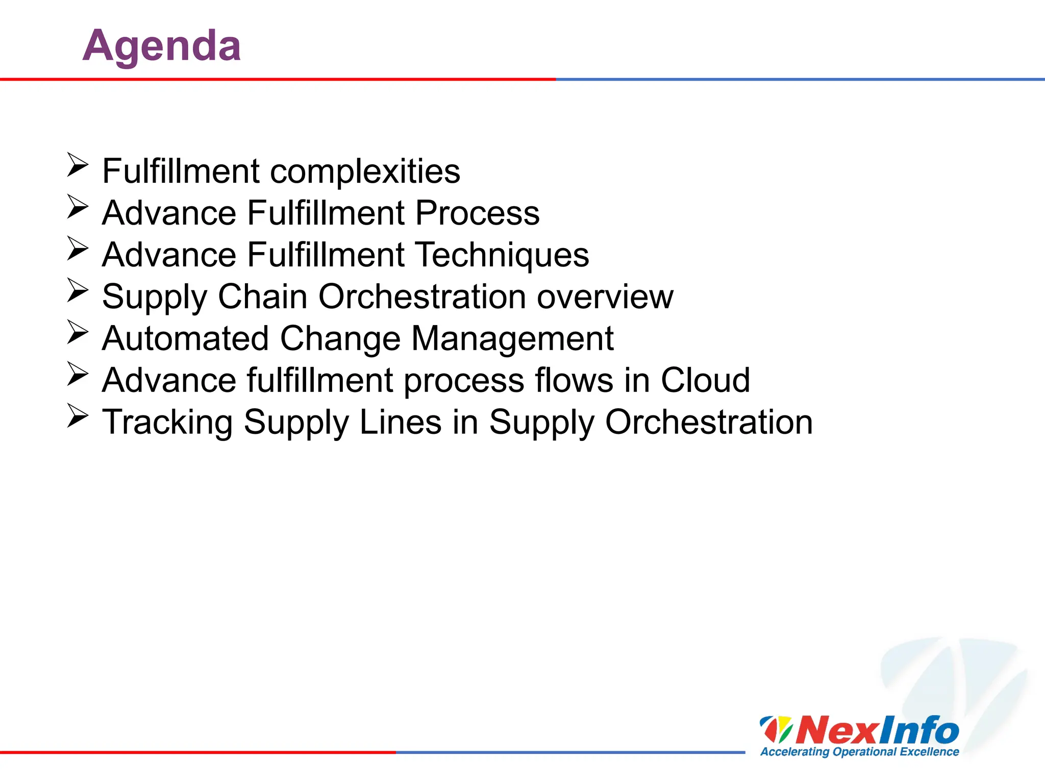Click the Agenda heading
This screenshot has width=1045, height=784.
[x=161, y=46]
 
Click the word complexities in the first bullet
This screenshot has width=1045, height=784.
[x=365, y=171]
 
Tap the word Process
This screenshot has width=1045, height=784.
[x=477, y=213]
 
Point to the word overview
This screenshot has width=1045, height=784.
[x=605, y=297]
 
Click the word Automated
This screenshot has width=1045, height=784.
[x=185, y=338]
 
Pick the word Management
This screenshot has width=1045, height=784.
[x=512, y=338]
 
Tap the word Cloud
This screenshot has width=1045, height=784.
[x=705, y=380]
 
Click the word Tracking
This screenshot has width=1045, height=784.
[x=167, y=423]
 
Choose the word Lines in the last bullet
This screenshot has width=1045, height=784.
[x=400, y=422]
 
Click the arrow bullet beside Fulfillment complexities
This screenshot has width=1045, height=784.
[x=78, y=165]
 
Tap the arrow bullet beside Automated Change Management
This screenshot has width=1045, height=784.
[x=78, y=332]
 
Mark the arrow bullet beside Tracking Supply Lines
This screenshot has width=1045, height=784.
[x=78, y=416]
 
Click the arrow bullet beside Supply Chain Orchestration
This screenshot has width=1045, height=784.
[x=78, y=290]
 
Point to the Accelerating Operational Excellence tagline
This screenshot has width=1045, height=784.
[x=859, y=752]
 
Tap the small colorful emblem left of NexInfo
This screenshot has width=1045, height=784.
[x=776, y=729]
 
